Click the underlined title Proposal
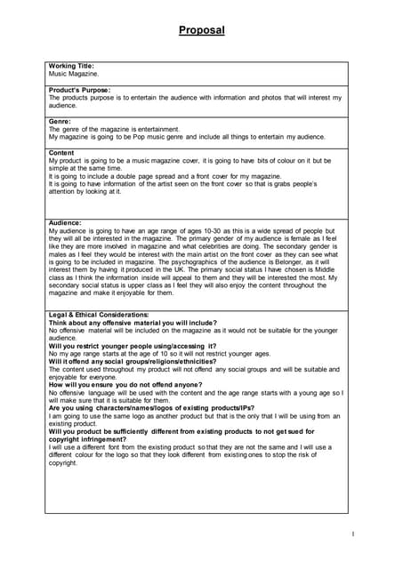(x=201, y=30)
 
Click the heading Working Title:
(x=71, y=66)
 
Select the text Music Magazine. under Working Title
(x=74, y=74)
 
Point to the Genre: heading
(x=60, y=121)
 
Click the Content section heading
(x=61, y=152)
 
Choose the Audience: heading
(x=65, y=221)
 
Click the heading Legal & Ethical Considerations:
(x=98, y=316)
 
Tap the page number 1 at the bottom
(x=352, y=533)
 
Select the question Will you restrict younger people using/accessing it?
(x=133, y=346)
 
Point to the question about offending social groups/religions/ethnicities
(x=133, y=361)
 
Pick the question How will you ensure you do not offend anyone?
(x=125, y=385)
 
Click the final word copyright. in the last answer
(x=63, y=463)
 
